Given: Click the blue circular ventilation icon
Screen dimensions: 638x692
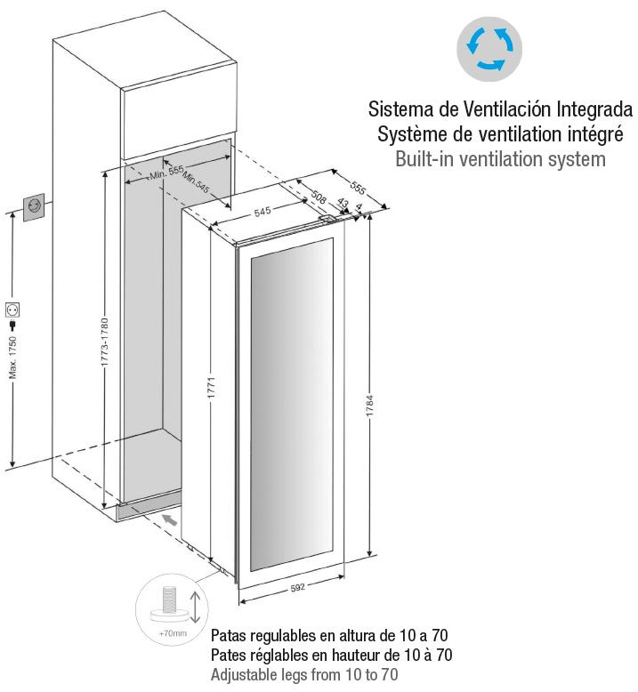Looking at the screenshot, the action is click(489, 49).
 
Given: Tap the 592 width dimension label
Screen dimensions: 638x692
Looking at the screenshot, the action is click(297, 588).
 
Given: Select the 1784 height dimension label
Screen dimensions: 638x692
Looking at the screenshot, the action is click(370, 406).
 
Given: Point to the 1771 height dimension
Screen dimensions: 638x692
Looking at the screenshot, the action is click(211, 388).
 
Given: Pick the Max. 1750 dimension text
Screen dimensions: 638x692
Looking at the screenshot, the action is click(12, 357).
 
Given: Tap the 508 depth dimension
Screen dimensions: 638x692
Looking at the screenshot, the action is click(319, 197).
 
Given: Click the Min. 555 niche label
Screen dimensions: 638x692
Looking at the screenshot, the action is click(166, 173).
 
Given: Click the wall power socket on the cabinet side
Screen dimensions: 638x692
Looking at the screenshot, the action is click(34, 206).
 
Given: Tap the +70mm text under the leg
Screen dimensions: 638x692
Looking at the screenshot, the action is click(173, 633).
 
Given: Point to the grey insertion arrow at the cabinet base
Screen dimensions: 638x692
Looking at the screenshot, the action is click(170, 519).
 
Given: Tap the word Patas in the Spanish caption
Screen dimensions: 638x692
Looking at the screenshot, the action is click(228, 636).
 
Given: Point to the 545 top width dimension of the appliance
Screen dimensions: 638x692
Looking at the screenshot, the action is click(262, 212).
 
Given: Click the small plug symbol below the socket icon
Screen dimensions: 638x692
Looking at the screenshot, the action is click(12, 326).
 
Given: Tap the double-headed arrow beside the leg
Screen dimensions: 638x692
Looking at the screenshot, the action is click(195, 607).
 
